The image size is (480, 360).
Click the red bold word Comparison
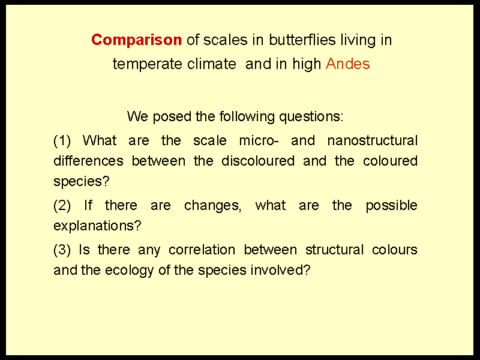tap(137, 40)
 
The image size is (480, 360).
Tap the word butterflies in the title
tap(302, 40)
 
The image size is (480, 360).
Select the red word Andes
tap(348, 64)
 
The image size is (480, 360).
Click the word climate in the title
tap(212, 64)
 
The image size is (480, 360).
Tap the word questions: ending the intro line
tap(311, 117)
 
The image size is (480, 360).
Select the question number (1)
tap(62, 140)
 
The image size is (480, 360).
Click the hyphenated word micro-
tap(259, 140)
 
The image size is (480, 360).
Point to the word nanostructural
tap(372, 140)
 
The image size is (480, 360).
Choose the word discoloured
tap(258, 161)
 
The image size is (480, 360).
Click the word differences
tap(88, 161)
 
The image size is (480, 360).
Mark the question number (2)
tap(62, 205)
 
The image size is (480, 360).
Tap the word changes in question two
tap(213, 206)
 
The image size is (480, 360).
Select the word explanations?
tap(97, 226)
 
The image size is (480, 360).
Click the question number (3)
tap(62, 250)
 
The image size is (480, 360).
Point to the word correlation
tap(202, 250)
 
